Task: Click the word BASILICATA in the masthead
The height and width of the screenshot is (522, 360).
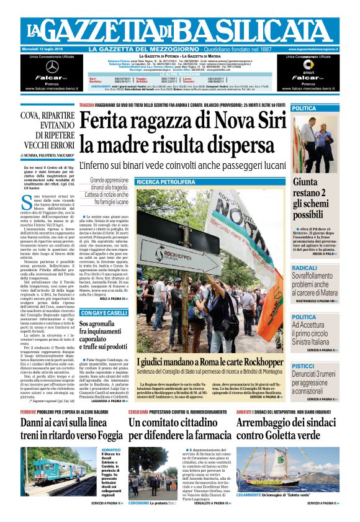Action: click(x=249, y=30)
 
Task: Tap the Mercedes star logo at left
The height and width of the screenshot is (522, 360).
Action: click(x=52, y=66)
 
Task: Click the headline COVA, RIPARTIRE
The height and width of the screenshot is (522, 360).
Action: click(x=47, y=115)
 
